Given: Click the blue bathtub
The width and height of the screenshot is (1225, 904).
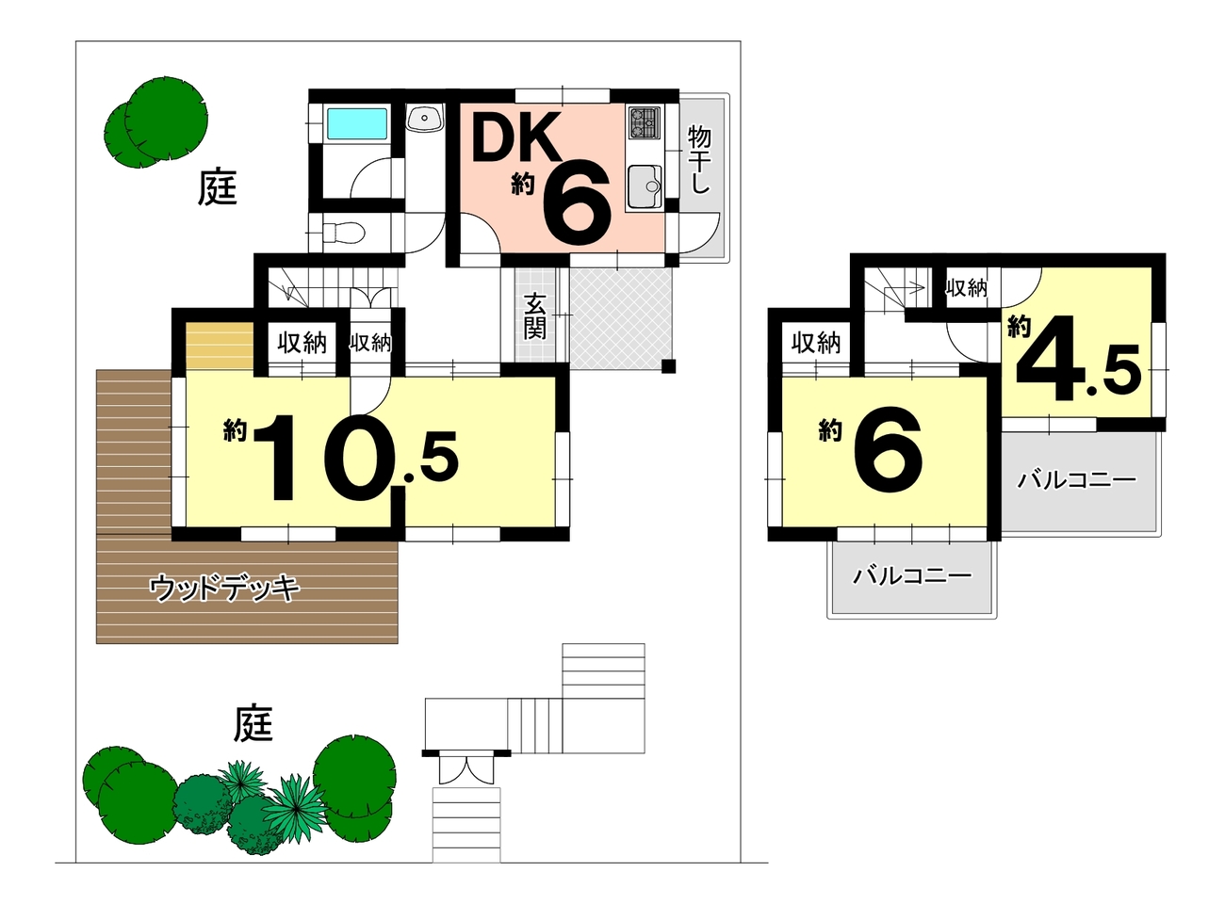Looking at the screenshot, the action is [357, 123].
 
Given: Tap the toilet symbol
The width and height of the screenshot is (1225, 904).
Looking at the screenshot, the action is [342, 233].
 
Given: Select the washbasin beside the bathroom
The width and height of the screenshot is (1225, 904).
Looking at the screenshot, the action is [424, 117].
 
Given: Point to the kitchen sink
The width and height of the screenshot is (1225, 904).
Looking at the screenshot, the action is [644, 186].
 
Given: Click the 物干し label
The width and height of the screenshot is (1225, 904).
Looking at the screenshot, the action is [698, 160].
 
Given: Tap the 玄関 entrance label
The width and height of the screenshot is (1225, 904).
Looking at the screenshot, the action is [535, 316].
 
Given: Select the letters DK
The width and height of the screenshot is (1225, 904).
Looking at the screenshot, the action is [514, 137].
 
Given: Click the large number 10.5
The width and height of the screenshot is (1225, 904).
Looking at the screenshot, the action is [355, 458].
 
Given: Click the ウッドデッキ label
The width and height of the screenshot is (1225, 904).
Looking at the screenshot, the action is [225, 588].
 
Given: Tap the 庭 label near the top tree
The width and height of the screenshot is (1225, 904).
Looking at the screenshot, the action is [217, 187].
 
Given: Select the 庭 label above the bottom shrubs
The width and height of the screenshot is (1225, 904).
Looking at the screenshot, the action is [253, 722].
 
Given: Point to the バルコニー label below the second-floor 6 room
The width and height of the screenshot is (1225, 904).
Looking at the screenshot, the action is [912, 576].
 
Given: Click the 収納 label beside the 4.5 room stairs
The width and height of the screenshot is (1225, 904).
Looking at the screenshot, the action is [967, 288].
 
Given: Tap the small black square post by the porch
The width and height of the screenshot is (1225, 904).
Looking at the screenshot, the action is [668, 366].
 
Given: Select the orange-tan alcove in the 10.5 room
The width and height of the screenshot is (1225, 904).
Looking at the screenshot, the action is [220, 346].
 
